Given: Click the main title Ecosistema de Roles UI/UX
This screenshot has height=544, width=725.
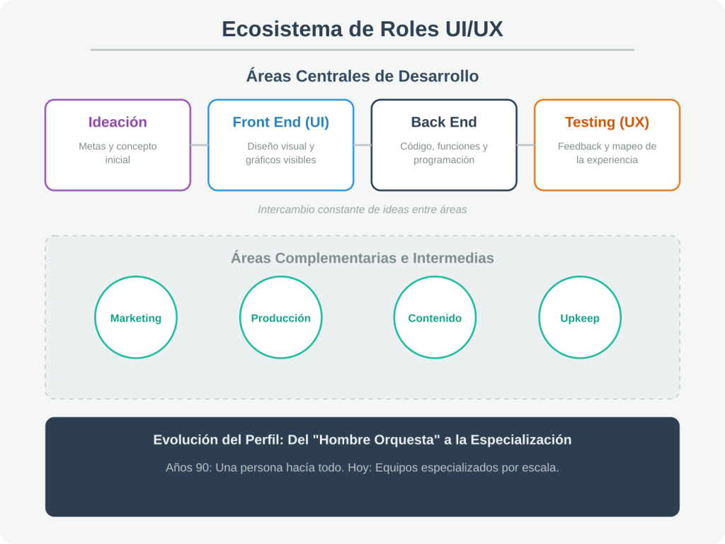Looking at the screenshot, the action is (362, 29).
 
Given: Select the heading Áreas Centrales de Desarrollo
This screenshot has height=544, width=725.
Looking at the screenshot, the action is (362, 76).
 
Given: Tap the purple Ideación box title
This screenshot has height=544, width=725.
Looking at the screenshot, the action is (118, 122).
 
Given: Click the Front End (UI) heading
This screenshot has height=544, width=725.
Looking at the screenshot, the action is (280, 122).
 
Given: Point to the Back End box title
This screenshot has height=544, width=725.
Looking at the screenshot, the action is (444, 122).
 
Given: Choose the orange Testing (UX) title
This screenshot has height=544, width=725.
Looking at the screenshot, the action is (607, 122).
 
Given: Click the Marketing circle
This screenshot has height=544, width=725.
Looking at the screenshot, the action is (136, 317).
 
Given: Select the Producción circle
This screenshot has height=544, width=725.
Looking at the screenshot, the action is (280, 317).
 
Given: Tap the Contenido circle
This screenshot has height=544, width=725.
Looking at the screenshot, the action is (435, 317).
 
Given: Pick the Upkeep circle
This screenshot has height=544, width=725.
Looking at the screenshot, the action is (580, 317).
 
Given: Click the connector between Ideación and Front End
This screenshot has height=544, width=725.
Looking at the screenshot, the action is (199, 144).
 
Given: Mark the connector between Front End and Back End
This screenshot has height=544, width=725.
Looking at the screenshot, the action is (362, 144).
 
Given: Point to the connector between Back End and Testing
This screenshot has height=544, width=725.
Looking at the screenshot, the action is (526, 144).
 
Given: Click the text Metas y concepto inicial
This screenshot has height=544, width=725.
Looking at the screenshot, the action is (118, 153).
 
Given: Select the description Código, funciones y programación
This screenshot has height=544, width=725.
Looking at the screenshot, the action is (444, 153).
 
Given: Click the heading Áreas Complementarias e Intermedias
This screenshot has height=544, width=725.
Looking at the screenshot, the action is (362, 258).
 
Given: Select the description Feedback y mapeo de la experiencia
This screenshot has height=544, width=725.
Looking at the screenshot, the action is (607, 153).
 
